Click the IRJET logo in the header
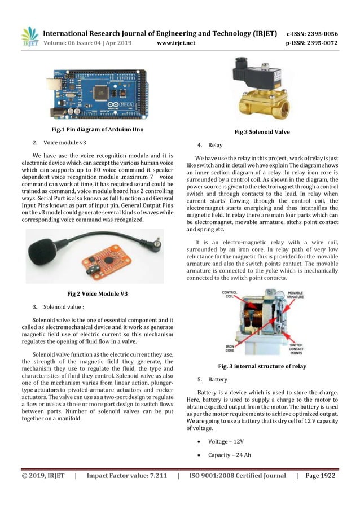coord(30,37)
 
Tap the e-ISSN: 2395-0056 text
coord(312,33)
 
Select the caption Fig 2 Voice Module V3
coord(97,293)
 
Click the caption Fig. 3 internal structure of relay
coord(262,366)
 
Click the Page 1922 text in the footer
coord(320,476)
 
